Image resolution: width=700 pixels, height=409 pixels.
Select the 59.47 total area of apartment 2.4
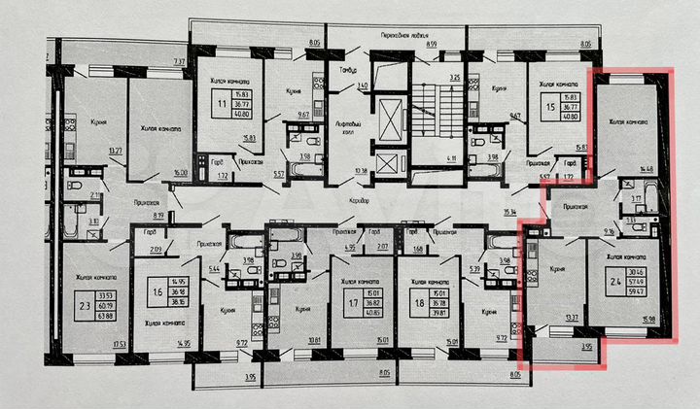click(x=637, y=290)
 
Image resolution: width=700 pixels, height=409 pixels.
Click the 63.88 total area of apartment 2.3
click(x=99, y=315)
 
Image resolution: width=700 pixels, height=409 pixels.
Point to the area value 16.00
click(x=178, y=172)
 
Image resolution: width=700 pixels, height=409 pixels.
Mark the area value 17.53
click(x=120, y=344)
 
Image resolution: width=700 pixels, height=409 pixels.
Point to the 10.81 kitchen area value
click(x=314, y=340)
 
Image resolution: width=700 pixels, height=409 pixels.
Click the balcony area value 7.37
click(x=179, y=62)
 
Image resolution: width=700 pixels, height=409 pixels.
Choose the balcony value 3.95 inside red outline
click(x=585, y=346)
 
